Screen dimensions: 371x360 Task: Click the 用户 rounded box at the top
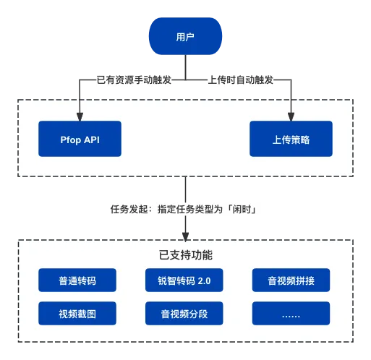tap(185, 36)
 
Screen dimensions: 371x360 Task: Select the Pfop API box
tap(80, 139)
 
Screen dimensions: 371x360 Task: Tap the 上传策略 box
tap(291, 139)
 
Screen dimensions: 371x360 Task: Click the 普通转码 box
tap(77, 280)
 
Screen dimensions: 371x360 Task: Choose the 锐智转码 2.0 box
tap(184, 280)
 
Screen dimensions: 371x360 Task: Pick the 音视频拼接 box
tap(291, 280)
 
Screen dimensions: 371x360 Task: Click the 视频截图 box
tap(77, 313)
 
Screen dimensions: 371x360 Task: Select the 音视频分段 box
tap(184, 313)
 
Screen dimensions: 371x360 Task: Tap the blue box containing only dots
tap(291, 313)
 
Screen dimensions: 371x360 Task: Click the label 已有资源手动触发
tap(134, 80)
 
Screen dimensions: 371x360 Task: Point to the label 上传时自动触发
tap(240, 80)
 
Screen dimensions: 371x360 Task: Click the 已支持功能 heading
tap(186, 255)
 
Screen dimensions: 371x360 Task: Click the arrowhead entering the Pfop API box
tap(80, 117)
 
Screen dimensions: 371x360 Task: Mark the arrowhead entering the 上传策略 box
tap(291, 117)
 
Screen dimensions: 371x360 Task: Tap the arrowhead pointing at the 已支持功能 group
tap(185, 237)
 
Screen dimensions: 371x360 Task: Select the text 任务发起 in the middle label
tap(129, 209)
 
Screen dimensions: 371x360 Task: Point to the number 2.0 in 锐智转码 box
tap(204, 280)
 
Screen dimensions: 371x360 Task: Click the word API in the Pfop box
tap(92, 140)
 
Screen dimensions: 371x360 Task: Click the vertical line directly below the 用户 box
tap(185, 67)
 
